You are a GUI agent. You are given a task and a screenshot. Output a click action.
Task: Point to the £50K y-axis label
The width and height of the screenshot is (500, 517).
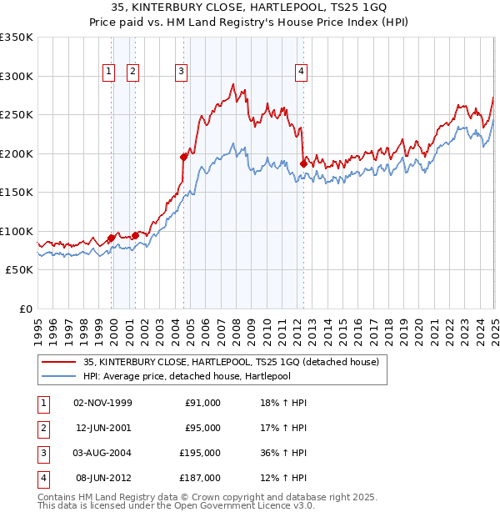click(19, 270)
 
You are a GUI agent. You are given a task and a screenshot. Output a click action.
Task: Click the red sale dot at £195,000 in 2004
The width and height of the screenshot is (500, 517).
click(183, 156)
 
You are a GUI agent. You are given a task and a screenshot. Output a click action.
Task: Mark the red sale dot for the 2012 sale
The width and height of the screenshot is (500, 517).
click(303, 163)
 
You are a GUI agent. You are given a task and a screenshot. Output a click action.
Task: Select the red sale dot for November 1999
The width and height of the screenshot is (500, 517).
click(111, 238)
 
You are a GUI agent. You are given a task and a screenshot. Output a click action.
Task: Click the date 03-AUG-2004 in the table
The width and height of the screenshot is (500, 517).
click(102, 453)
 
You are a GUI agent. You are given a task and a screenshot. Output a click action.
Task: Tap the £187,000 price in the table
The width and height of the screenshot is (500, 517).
click(202, 478)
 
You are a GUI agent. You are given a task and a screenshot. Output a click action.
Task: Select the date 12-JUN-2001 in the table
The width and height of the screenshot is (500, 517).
click(102, 428)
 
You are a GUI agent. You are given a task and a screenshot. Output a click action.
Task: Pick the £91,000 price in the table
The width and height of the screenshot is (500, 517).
click(202, 403)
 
